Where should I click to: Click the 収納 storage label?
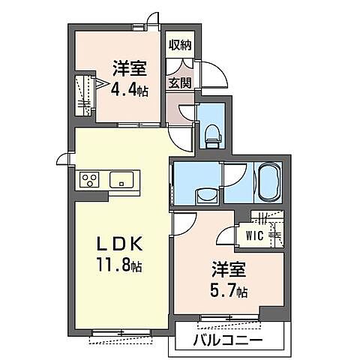click(179, 45)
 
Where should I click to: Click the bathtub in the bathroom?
click(268, 182)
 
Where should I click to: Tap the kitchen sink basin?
click(121, 180)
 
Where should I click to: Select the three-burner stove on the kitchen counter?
click(90, 180)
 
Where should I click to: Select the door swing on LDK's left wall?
click(63, 158)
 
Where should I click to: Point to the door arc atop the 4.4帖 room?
click(153, 20)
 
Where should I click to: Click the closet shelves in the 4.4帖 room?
click(83, 96)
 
